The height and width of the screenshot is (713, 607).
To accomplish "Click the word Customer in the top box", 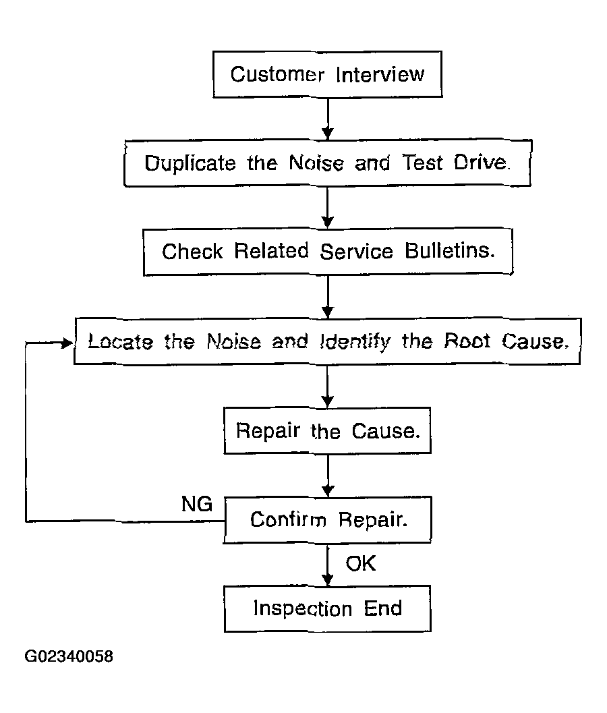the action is [x=277, y=74].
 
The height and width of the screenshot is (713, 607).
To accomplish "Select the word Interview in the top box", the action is [x=380, y=74].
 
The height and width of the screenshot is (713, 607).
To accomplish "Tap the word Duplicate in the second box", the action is [x=190, y=163].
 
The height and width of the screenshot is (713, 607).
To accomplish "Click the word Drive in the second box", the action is [x=481, y=163].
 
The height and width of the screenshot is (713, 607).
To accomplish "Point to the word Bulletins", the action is [x=450, y=251].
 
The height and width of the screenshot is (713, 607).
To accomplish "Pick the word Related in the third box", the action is [x=271, y=250].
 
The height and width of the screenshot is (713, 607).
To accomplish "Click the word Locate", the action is [x=120, y=341].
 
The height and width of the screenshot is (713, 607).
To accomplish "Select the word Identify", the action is [x=355, y=342].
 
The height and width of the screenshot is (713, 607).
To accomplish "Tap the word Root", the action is [x=467, y=341].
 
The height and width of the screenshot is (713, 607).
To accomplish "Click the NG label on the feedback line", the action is [x=197, y=504].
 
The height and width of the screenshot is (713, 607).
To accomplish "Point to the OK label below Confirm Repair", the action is [x=361, y=563].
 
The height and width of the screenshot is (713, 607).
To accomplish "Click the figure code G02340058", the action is [x=69, y=656].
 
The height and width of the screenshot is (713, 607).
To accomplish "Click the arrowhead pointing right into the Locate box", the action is [x=67, y=343].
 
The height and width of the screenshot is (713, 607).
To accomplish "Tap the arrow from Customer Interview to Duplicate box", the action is [x=328, y=118].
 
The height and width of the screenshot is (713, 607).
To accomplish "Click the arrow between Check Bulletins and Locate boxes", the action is [x=328, y=297].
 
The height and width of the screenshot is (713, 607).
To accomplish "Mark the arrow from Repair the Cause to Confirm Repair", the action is [x=328, y=475].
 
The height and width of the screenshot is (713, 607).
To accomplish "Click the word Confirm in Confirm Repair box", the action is [x=288, y=519].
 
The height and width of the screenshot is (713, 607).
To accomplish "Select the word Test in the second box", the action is [x=422, y=163].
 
